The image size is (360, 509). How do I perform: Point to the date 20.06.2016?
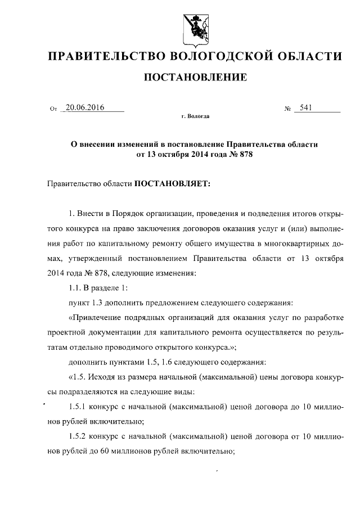85,108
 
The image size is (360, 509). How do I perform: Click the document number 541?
307,108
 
